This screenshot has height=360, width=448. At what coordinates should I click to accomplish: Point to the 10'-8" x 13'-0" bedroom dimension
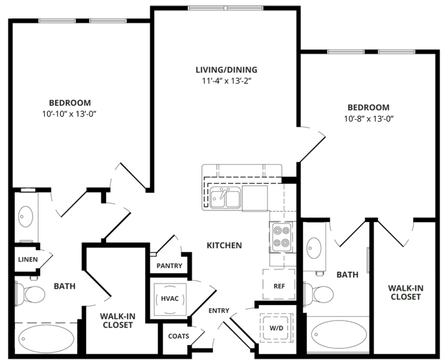[x=369, y=118]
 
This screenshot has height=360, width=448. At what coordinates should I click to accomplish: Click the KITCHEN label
[x=224, y=245]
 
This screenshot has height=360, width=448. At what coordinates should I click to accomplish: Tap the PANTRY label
[x=169, y=266]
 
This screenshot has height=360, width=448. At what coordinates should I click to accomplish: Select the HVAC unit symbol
[x=169, y=298]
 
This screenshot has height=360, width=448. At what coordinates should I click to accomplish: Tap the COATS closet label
[x=178, y=336]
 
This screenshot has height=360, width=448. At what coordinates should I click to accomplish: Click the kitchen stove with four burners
[x=280, y=236]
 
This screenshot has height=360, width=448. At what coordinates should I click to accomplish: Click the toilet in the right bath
[x=319, y=292]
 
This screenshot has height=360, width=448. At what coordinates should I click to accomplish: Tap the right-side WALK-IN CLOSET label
[x=405, y=292]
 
